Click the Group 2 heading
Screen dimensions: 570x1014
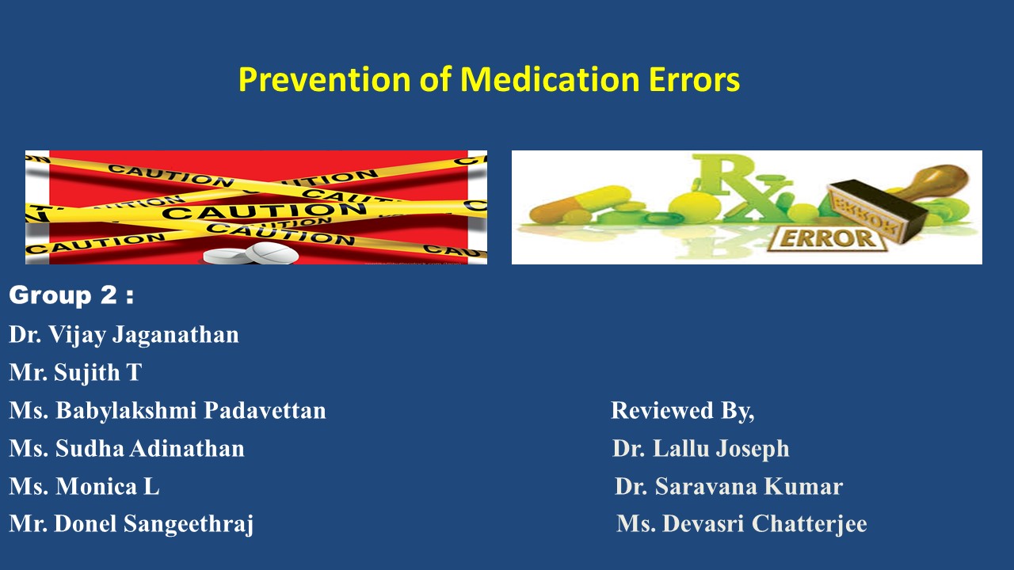(71, 296)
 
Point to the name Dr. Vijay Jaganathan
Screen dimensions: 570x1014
(124, 335)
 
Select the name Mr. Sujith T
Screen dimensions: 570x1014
(75, 372)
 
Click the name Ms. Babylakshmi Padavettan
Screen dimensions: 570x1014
(167, 410)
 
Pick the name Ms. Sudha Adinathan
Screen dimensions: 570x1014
(127, 449)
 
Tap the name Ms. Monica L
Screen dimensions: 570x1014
(84, 486)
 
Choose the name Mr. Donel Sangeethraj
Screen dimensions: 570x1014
(132, 524)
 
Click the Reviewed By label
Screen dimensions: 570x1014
(682, 410)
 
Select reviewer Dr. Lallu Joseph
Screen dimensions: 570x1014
(700, 449)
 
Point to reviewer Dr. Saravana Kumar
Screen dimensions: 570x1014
(728, 486)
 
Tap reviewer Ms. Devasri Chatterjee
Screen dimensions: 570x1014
(741, 524)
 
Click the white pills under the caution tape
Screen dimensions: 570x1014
(252, 254)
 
